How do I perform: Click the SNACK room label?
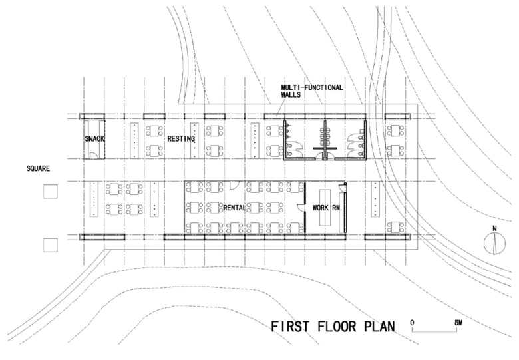[x=94, y=139]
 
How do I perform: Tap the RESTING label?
[x=181, y=139]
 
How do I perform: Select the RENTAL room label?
[x=235, y=208]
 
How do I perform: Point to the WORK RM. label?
[x=327, y=208]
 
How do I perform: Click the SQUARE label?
[x=38, y=169]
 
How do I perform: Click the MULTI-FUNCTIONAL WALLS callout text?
[x=312, y=91]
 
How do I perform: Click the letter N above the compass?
[x=494, y=228]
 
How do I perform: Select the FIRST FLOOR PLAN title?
[x=333, y=327]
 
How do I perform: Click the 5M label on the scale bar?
[x=458, y=323]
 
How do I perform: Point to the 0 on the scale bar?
[x=412, y=323]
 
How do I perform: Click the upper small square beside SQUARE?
[x=51, y=192]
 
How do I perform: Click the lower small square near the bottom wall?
[x=51, y=245]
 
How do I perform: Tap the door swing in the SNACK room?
[x=94, y=156]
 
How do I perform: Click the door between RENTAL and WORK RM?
[x=301, y=208]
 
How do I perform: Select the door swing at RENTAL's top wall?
[x=234, y=185]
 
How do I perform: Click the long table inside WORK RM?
[x=325, y=208]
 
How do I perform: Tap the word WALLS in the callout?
[x=291, y=95]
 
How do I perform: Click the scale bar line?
[x=434, y=331]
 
